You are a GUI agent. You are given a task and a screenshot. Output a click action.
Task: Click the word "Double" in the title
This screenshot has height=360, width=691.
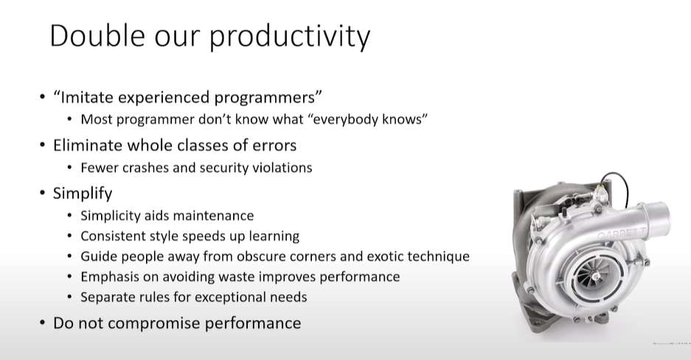click(97, 35)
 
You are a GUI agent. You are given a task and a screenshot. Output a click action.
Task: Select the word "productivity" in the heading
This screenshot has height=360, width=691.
click(290, 38)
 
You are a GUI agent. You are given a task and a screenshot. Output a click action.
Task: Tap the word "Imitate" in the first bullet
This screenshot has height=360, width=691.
click(86, 97)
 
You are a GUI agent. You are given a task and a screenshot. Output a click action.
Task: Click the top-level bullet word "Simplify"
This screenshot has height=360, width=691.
click(83, 194)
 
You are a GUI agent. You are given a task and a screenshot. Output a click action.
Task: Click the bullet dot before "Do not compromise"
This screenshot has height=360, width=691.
click(42, 323)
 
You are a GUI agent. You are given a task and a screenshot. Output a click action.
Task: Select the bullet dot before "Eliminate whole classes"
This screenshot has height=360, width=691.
click(42, 145)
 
